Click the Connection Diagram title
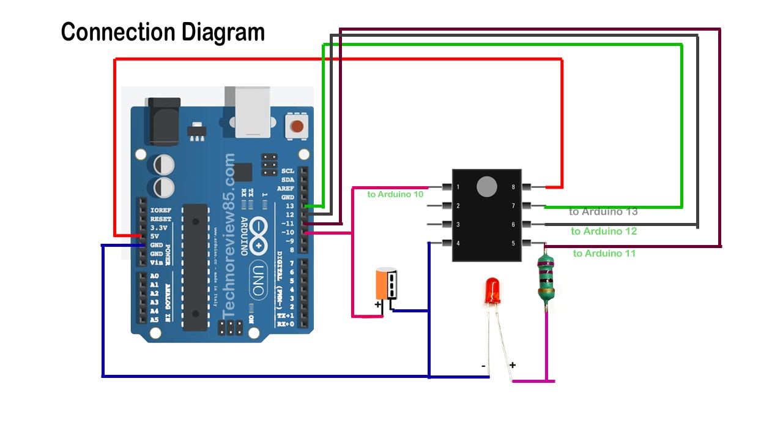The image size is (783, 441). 163,32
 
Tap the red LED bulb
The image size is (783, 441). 492,291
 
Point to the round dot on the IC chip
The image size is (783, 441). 487,187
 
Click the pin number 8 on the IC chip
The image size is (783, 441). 513,187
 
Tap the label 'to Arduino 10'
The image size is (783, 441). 395,194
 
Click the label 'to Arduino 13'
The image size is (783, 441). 603,212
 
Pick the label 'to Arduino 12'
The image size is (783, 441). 604,232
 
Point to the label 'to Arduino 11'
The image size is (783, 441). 604,253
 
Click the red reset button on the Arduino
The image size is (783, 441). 297,127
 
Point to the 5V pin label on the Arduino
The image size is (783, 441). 155,236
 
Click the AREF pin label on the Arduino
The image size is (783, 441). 286,189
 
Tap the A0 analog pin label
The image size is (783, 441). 154,276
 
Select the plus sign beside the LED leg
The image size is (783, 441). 513,365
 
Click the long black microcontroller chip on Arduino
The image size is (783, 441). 195,266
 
